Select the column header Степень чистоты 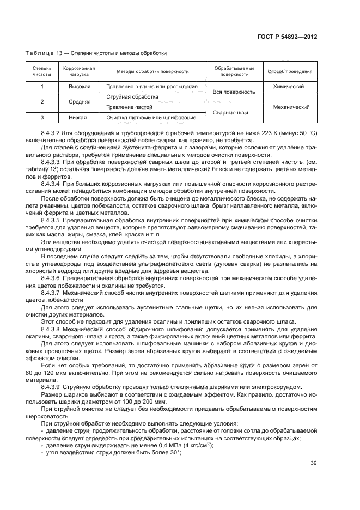click(x=42, y=71)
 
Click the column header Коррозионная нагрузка click(x=79, y=71)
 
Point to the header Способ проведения click(x=290, y=71)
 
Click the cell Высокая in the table click(x=79, y=87)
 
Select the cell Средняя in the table click(x=79, y=102)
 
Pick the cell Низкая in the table click(x=79, y=118)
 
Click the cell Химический click(x=290, y=87)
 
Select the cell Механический click(x=290, y=107)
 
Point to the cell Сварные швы click(x=234, y=113)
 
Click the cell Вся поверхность click(x=234, y=92)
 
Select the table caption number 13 click(x=56, y=53)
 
